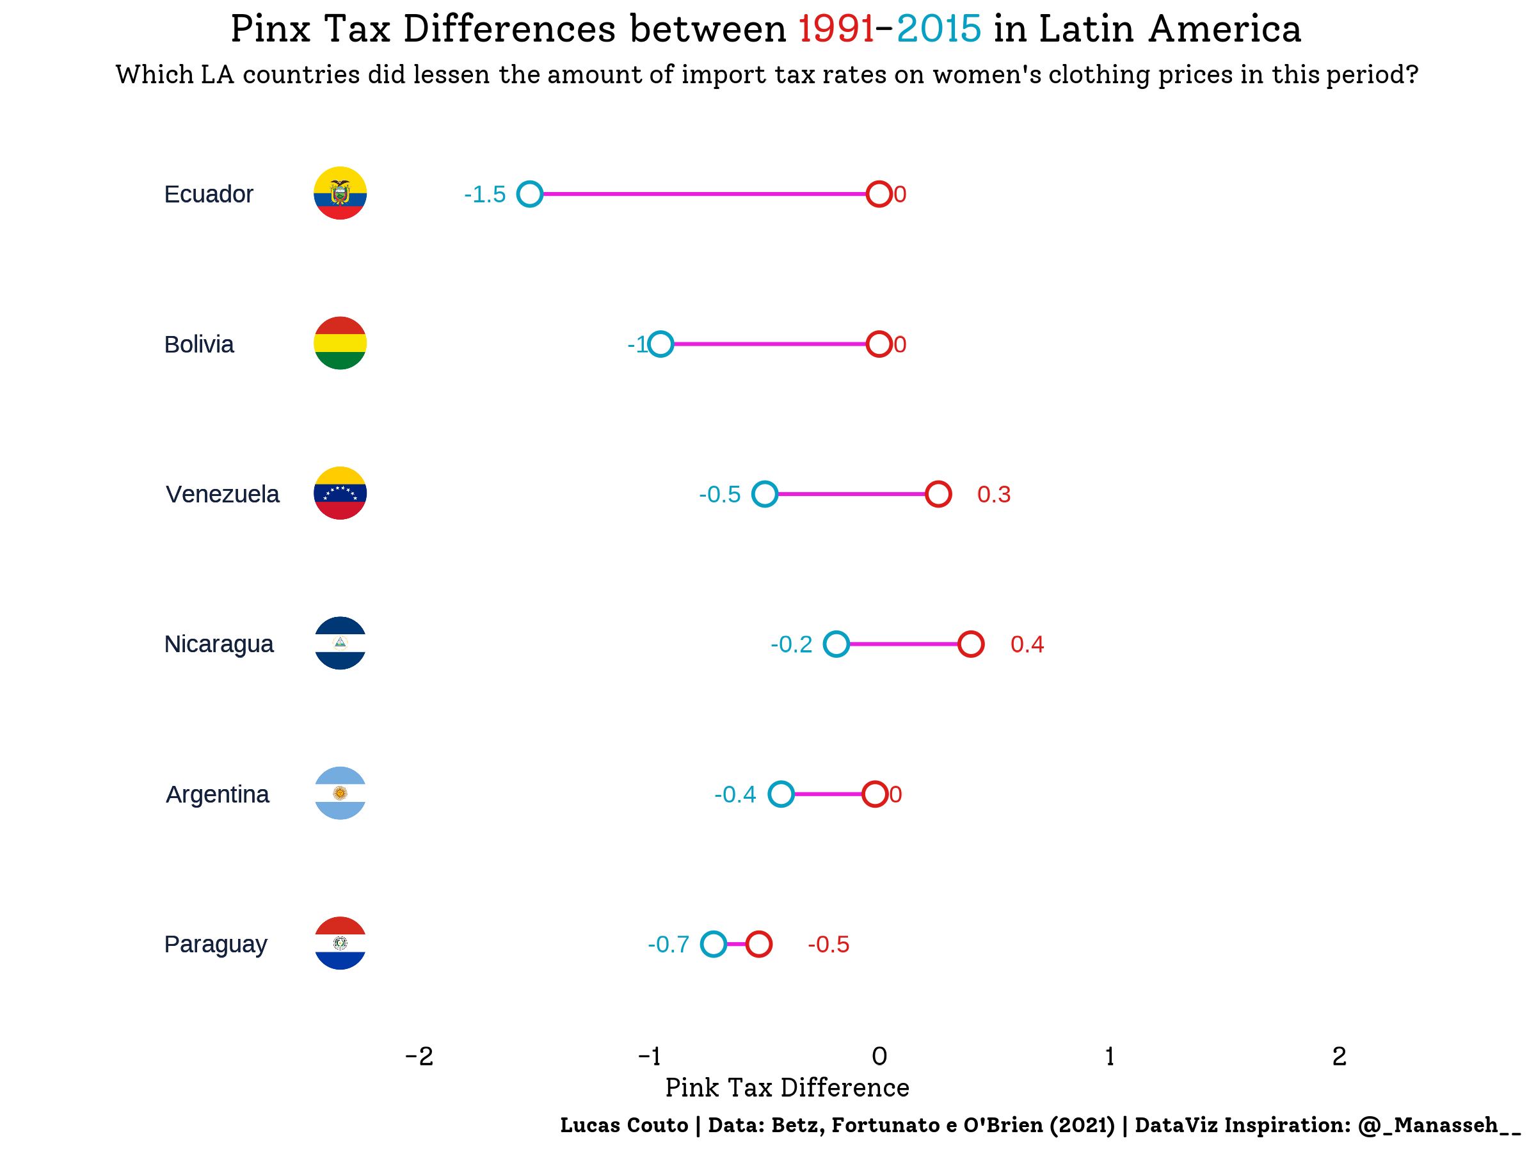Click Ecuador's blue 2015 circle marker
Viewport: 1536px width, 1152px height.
tap(530, 194)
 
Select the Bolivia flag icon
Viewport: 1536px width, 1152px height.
tap(340, 343)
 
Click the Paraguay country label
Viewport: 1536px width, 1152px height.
tap(215, 945)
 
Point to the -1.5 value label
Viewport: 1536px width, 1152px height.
tap(484, 195)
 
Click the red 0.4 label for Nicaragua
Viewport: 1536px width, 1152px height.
tap(1027, 644)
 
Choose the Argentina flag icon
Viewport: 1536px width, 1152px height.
tap(340, 793)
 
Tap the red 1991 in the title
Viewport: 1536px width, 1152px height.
tap(836, 29)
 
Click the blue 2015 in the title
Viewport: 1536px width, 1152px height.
tap(939, 29)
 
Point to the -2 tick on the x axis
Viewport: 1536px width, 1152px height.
tap(419, 1056)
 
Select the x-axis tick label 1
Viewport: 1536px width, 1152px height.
tap(1110, 1056)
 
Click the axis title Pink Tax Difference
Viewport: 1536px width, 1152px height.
tap(787, 1087)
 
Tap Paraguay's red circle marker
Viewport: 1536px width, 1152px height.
tap(759, 944)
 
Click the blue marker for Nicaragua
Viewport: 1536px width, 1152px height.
tap(836, 644)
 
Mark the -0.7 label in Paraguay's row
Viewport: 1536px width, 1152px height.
tap(668, 945)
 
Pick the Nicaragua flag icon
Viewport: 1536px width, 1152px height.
tap(340, 643)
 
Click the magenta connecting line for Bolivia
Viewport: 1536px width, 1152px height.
tap(769, 344)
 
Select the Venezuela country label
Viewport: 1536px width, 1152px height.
tap(222, 495)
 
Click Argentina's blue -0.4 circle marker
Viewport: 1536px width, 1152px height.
tap(781, 794)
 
